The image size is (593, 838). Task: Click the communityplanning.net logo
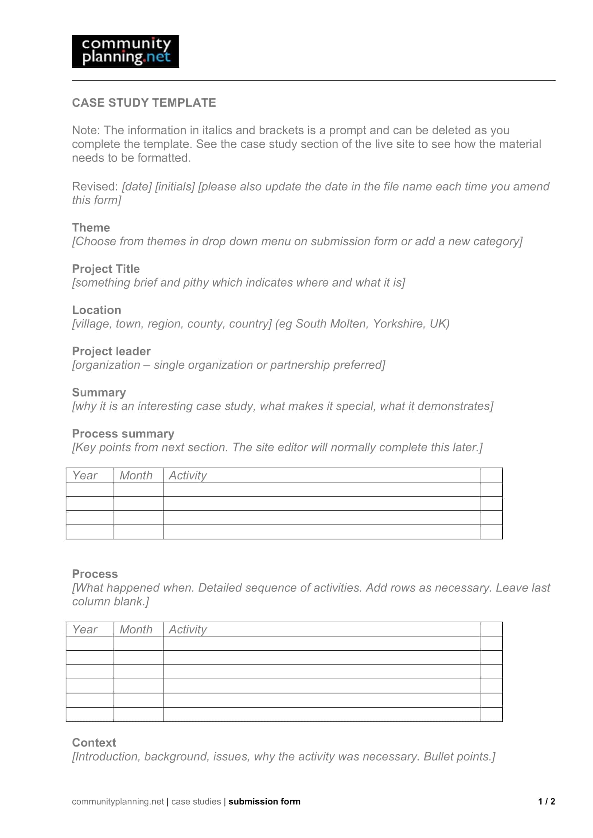[x=125, y=52]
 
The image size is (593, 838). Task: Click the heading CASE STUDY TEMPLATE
[x=144, y=102]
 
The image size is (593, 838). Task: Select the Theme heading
[x=91, y=228]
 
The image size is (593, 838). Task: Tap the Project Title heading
[x=106, y=269]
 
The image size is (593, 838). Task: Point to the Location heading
[x=96, y=310]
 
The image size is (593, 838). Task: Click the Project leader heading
[x=111, y=351]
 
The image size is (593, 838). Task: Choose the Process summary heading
[x=123, y=434]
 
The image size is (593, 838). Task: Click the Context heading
[x=94, y=743]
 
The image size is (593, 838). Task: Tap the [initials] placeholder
[x=175, y=187]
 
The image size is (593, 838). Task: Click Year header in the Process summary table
[x=85, y=475]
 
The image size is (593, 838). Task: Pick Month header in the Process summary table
[x=136, y=475]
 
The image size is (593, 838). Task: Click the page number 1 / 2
[x=546, y=801]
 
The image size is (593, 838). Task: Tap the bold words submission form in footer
[x=264, y=801]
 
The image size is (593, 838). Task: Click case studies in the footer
[x=196, y=801]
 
